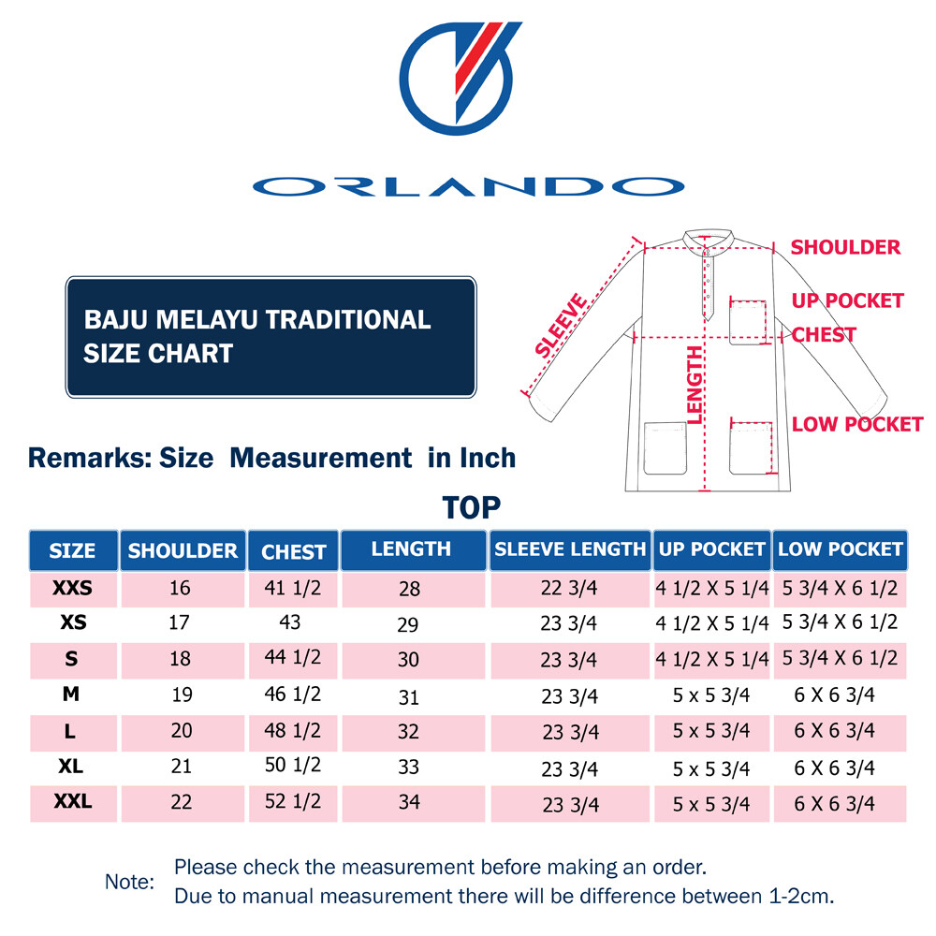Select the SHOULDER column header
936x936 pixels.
pyautogui.click(x=183, y=550)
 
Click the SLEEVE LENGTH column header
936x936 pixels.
pyautogui.click(x=570, y=549)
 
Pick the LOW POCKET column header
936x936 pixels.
pyautogui.click(x=840, y=549)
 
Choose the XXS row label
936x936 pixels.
pyautogui.click(x=72, y=589)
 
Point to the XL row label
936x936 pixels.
pyautogui.click(x=71, y=766)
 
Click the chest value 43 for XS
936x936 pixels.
pyautogui.click(x=290, y=622)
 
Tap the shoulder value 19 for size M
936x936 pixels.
pyautogui.click(x=182, y=695)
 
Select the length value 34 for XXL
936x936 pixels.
pyautogui.click(x=409, y=802)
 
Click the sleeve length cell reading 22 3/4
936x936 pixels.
pyautogui.click(x=569, y=589)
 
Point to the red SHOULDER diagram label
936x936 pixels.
pyautogui.click(x=845, y=247)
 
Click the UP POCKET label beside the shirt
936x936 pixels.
pyautogui.click(x=847, y=300)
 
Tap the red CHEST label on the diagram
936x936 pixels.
pyautogui.click(x=824, y=334)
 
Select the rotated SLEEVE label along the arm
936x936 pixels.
pyautogui.click(x=562, y=326)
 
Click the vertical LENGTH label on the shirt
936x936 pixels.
pyautogui.click(x=695, y=385)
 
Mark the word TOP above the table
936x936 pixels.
pyautogui.click(x=472, y=507)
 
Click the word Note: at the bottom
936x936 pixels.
pyautogui.click(x=129, y=882)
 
